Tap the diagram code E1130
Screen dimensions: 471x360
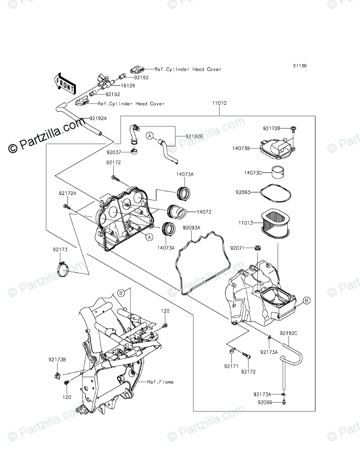tap(300, 66)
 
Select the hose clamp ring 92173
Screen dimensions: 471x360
tap(63, 269)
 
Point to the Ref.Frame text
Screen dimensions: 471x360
tap(161, 382)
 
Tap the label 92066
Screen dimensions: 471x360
tap(266, 402)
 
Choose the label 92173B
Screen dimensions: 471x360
tap(58, 359)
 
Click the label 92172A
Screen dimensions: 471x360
tap(67, 193)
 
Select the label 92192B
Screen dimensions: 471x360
tap(194, 136)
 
